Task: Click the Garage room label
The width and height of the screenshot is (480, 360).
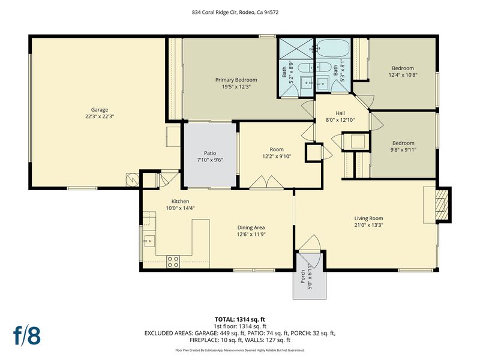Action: point(100,110)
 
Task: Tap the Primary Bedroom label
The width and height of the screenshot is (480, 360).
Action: point(236,80)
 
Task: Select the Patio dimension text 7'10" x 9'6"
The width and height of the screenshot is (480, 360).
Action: point(210,160)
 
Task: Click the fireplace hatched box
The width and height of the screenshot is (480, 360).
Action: point(442,204)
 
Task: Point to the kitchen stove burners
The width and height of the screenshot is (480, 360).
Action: point(173,262)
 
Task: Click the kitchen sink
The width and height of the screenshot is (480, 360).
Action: point(149,241)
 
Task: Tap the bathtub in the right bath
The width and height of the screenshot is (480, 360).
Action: point(333,47)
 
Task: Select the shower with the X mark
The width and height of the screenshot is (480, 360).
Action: point(296,49)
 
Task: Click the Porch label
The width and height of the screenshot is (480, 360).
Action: point(303,277)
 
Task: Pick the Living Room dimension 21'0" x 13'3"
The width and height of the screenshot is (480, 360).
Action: point(368,225)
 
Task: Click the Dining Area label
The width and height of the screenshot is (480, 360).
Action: point(251,227)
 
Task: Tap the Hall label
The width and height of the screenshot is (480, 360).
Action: point(340,113)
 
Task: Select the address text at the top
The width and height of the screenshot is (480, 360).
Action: point(235,13)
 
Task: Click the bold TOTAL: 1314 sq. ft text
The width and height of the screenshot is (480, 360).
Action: point(240,320)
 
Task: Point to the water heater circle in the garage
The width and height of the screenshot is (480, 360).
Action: point(132,180)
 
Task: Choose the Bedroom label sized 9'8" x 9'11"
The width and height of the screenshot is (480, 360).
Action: point(403,143)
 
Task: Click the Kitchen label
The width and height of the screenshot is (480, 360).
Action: point(180,201)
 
